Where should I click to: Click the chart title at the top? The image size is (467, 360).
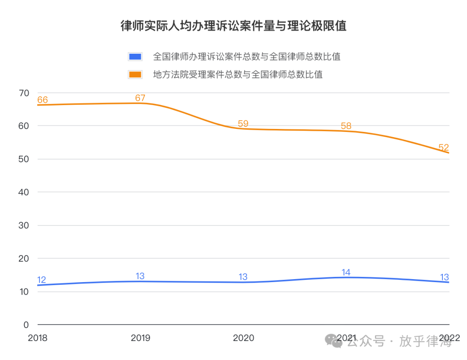pos(233,26)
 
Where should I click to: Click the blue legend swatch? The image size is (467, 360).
pos(135,57)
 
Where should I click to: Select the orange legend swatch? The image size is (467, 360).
pos(135,74)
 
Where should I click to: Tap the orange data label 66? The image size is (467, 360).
pos(42,100)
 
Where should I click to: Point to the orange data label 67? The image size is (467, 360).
pos(140,98)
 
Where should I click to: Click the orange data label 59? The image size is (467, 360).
pos(243,124)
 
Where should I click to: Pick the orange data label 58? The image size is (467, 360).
pos(346,126)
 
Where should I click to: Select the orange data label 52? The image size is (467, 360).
pos(444,148)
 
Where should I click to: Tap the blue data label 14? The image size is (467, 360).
pos(346,272)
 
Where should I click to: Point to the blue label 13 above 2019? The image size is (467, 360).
pos(140,276)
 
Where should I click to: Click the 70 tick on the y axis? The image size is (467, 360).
pos(24,93)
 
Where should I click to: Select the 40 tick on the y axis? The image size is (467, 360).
pos(24,192)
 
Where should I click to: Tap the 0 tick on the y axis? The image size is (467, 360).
pos(26,325)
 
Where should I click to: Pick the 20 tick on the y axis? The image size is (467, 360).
pos(24,258)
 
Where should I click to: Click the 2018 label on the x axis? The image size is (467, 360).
pos(38,338)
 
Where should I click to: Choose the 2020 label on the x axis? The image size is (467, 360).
pos(243,338)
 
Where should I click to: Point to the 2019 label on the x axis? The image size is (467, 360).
pos(141,338)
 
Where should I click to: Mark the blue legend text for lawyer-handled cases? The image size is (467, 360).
pos(247,57)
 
